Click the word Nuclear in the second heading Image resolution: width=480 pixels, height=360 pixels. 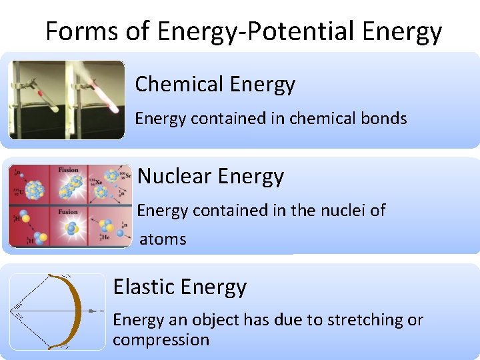point(174,177)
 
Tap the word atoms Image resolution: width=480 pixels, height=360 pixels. point(163,239)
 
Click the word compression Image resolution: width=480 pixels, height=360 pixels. point(161,340)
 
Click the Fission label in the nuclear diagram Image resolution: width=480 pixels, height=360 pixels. point(69,171)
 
